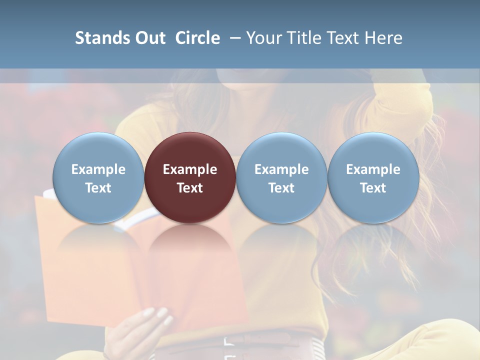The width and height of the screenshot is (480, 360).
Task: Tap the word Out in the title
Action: tap(148, 38)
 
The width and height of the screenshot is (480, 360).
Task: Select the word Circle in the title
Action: tap(197, 38)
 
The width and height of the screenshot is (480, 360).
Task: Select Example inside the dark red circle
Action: tap(190, 169)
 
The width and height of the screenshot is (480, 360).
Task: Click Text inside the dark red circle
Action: tap(190, 188)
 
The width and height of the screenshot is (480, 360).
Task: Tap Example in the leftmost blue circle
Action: tap(98, 169)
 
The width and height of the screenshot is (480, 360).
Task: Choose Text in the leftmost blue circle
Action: tap(98, 188)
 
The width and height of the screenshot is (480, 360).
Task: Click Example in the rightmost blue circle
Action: tap(373, 169)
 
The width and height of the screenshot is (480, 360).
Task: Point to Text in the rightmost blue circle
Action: tap(373, 188)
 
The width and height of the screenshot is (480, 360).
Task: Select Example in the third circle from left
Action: tap(281, 169)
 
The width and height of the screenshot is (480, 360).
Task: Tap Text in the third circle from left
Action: tap(281, 188)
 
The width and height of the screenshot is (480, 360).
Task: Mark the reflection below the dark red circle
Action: tap(190, 245)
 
